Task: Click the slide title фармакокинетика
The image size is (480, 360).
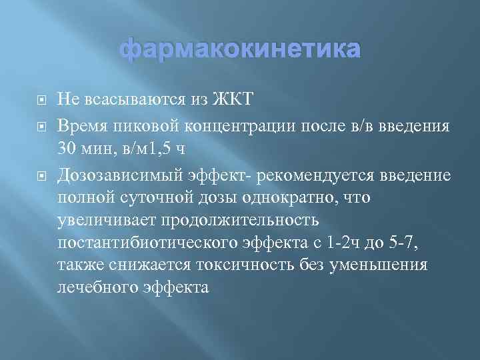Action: pyautogui.click(x=240, y=50)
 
